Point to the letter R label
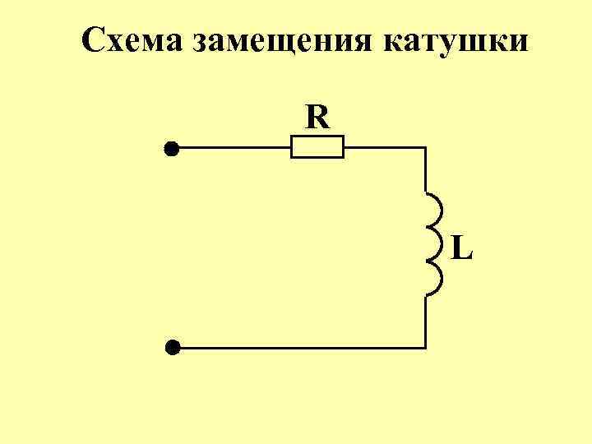click(x=317, y=118)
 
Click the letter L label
click(x=462, y=246)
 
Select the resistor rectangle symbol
click(x=317, y=149)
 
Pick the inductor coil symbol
click(x=432, y=243)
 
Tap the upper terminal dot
click(x=171, y=149)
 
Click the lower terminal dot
click(x=171, y=348)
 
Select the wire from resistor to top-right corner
click(x=383, y=149)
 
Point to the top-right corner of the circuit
click(x=425, y=149)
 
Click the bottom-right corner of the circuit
click(x=425, y=348)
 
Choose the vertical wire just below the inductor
click(x=425, y=321)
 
